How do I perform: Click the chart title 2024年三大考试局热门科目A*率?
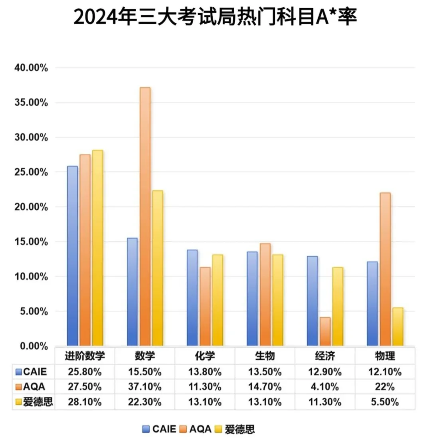click(x=215, y=18)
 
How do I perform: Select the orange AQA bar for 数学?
click(x=145, y=216)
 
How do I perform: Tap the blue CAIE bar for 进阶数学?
click(x=72, y=256)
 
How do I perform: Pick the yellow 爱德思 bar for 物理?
click(x=397, y=326)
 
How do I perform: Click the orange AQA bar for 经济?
click(x=325, y=331)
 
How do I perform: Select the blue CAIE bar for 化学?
click(x=192, y=297)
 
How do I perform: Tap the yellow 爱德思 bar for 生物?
click(x=277, y=300)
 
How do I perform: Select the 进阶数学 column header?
click(x=85, y=355)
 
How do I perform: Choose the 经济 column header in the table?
click(x=324, y=355)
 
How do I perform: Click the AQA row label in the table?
click(x=34, y=387)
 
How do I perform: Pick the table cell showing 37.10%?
click(x=145, y=387)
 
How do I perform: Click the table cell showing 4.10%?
click(x=325, y=387)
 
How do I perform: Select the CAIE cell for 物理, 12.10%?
click(x=385, y=372)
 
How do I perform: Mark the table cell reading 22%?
click(x=385, y=387)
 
